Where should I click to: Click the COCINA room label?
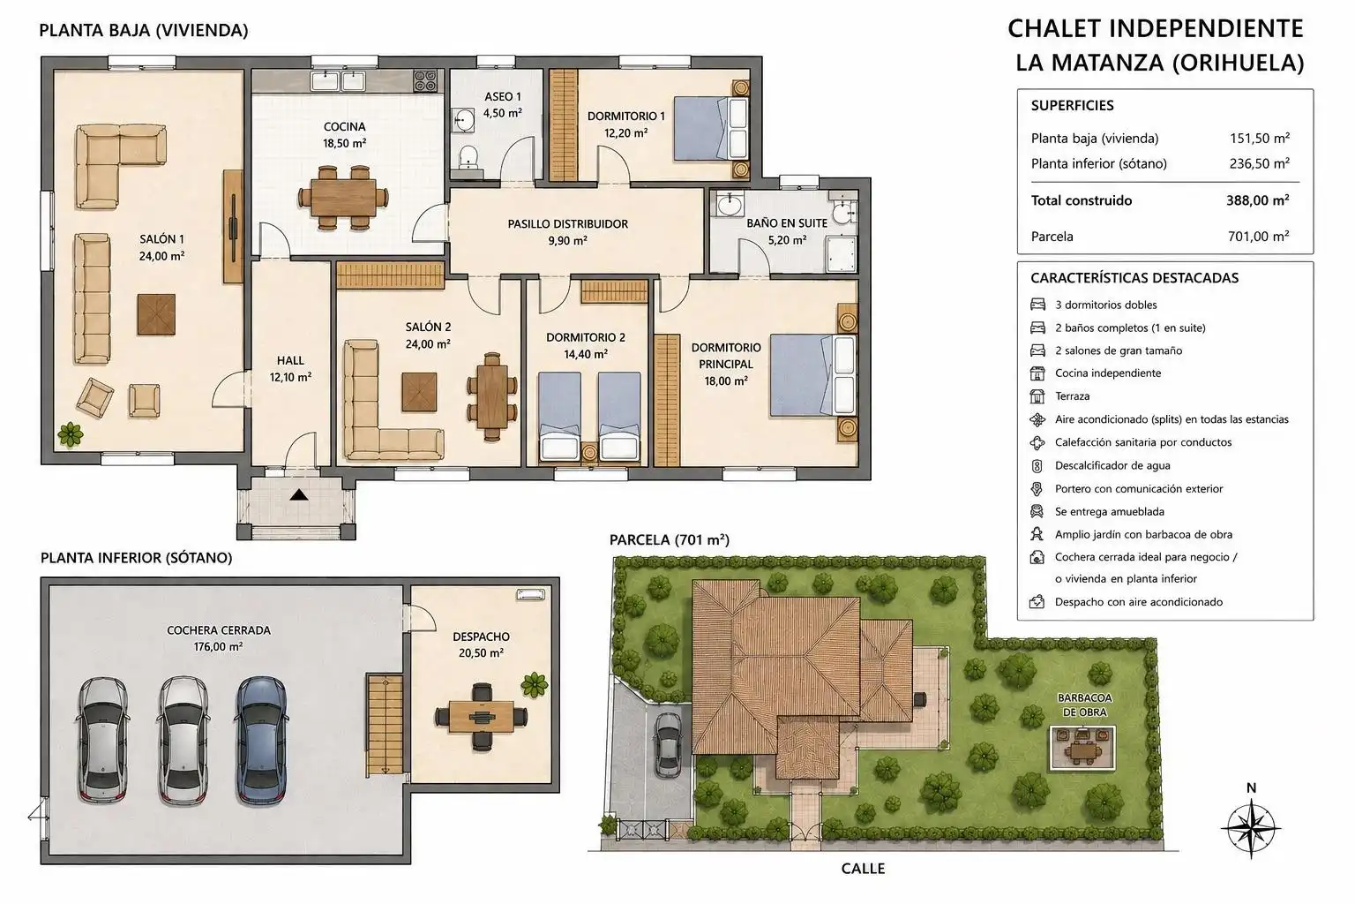point(344,126)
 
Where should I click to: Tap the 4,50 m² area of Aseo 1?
point(502,113)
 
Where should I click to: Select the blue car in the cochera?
point(261,741)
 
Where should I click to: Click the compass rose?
point(1250,828)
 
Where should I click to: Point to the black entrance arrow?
point(299,494)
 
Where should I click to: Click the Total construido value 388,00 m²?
point(1258,200)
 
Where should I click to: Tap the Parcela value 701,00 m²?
point(1258,236)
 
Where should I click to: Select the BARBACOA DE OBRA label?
point(1084,704)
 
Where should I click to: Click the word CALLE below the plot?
point(864,869)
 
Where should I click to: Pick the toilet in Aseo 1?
point(468,159)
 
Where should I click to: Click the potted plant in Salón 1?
point(71,434)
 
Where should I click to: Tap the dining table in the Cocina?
point(343,198)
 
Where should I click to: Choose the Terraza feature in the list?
point(1072,396)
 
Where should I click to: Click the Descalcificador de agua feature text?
point(1112,465)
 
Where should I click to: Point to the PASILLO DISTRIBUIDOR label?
point(567,224)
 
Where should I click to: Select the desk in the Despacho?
point(482,717)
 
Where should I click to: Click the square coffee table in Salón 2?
point(419,392)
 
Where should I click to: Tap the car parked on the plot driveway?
point(668,744)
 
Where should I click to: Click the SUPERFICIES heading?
point(1072,105)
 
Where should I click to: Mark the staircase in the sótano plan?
point(385,725)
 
